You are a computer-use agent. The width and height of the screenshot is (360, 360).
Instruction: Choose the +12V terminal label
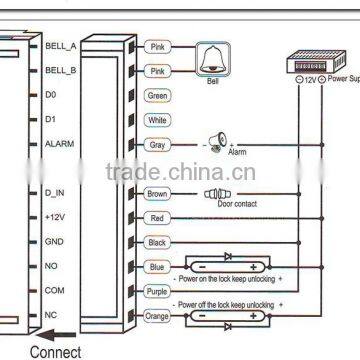coord(54,216)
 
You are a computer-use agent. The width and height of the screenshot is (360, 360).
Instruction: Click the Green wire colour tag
coord(157,96)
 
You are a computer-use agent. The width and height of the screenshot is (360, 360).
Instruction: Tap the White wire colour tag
coord(157,120)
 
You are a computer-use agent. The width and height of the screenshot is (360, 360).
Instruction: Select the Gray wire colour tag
coord(157,145)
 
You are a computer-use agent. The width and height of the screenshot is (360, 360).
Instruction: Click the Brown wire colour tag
coord(157,194)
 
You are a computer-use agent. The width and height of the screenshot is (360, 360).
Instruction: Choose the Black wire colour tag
coord(157,242)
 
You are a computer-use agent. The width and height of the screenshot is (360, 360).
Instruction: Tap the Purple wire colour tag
coord(157,291)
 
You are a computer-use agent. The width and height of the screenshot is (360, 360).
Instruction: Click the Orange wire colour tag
coord(157,315)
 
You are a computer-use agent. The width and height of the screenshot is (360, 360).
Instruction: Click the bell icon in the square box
coord(211,59)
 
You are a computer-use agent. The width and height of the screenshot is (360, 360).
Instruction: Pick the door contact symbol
coord(217,194)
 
